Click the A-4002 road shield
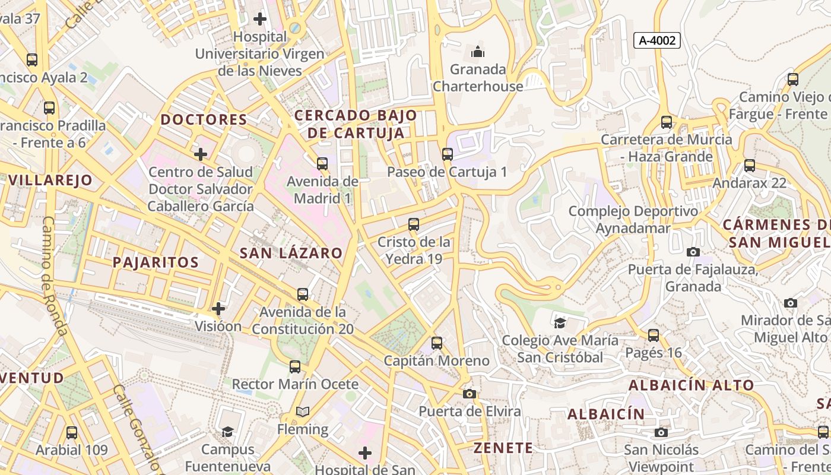pos(656,40)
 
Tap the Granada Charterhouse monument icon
pos(478,52)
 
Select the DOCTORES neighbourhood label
pos(204,119)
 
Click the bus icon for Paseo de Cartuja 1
pos(447,154)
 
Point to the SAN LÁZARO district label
pos(291,253)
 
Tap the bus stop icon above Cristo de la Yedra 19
pos(414,224)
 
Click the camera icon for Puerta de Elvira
pos(469,394)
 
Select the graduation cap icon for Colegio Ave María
pos(560,323)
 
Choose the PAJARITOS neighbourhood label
pos(156,262)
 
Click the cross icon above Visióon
pos(218,309)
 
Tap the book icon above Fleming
pos(303,411)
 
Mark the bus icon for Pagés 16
pos(654,335)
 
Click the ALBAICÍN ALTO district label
pos(692,385)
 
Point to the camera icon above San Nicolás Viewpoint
pos(661,432)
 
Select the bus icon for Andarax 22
pos(750,166)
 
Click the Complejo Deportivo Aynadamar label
pos(633,220)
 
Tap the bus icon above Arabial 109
pos(72,432)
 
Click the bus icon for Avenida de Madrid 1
pos(322,163)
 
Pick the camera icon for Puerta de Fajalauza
pos(693,252)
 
